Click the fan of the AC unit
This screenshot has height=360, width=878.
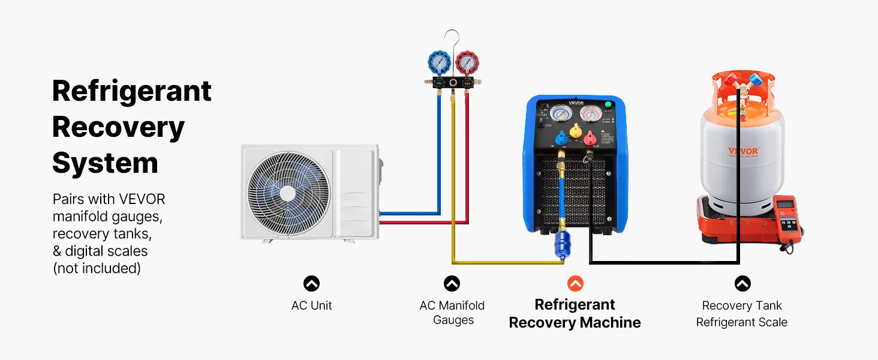288,193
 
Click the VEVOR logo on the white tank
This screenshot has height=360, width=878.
743,151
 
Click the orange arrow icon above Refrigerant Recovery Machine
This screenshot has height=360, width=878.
575,283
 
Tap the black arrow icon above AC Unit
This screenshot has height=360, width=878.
311,283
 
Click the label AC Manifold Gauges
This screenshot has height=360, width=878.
452,313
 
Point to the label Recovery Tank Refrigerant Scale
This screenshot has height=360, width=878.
742,314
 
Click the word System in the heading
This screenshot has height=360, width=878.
105,163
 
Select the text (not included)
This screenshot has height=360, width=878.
97,268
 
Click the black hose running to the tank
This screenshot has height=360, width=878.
660,262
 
